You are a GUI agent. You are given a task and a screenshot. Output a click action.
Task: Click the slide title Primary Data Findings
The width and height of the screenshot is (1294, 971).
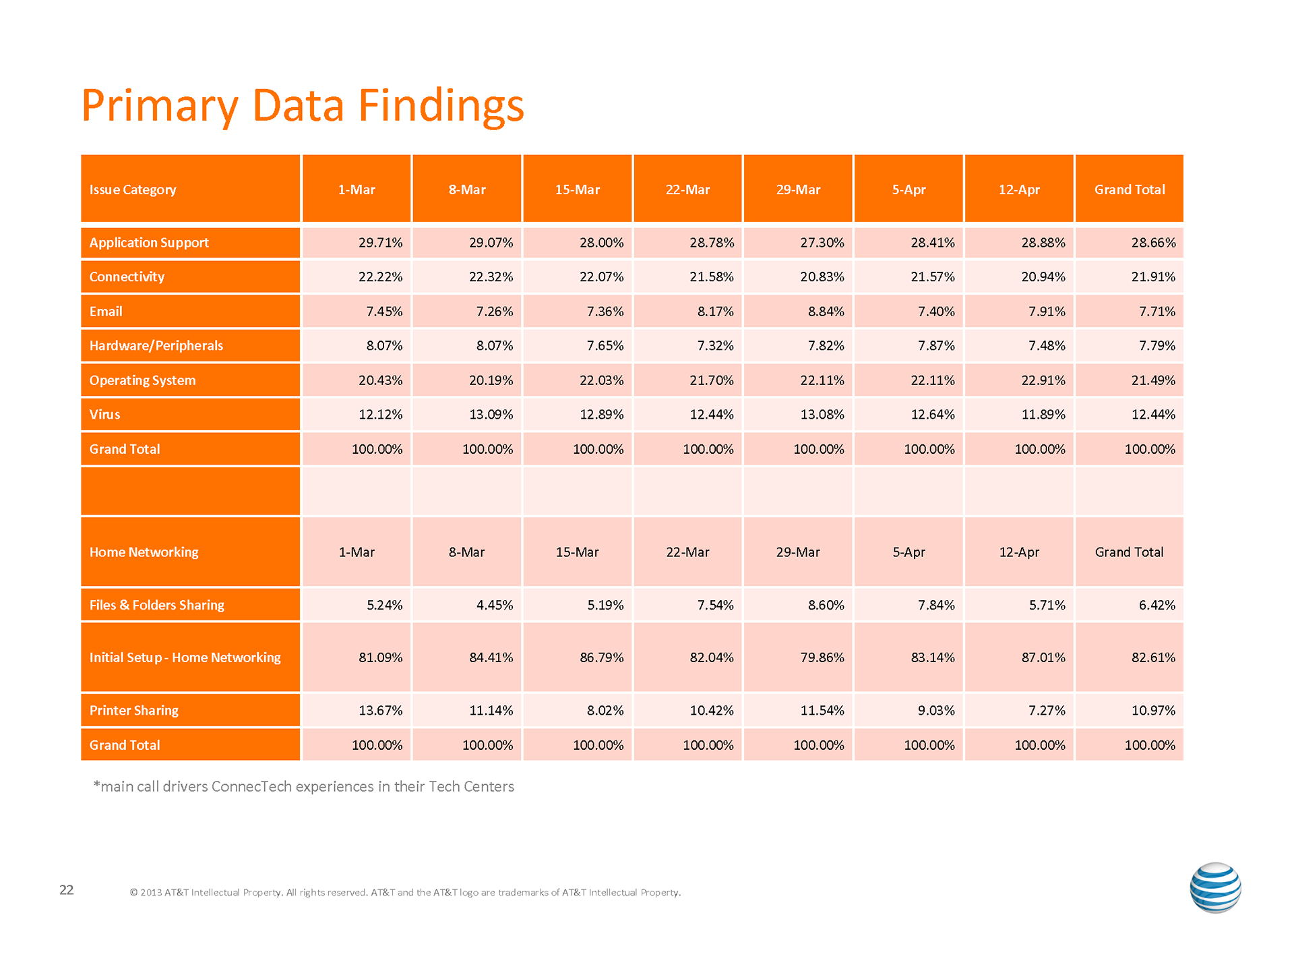(303, 106)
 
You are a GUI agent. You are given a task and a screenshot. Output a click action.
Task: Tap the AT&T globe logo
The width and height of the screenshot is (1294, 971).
(1215, 887)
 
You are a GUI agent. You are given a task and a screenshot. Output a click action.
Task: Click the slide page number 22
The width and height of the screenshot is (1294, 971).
(67, 890)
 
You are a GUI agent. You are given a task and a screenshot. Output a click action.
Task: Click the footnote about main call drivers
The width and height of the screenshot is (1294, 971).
(304, 787)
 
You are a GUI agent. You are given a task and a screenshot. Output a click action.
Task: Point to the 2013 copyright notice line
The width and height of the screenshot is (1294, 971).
(405, 893)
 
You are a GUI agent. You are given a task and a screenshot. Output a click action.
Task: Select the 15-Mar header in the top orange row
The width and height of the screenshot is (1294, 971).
(577, 189)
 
